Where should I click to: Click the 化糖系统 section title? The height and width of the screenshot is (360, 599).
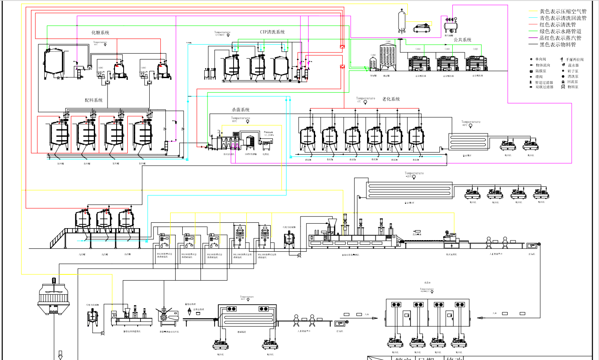click(100, 33)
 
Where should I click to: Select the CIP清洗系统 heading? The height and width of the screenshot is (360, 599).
click(272, 32)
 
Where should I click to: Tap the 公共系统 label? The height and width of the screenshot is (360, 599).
click(463, 40)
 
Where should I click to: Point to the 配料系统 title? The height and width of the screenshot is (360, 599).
click(94, 100)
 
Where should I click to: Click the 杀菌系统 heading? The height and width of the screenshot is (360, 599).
click(241, 110)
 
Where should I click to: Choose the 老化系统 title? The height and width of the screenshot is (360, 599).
click(391, 99)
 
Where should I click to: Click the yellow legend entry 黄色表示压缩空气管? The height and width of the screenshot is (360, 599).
click(563, 12)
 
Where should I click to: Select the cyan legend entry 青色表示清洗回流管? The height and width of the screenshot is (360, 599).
click(563, 18)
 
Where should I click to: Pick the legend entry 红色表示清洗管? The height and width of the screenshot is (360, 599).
click(558, 25)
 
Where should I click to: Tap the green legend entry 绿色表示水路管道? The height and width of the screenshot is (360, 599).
click(560, 31)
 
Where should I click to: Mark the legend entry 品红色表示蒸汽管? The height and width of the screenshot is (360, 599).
click(560, 38)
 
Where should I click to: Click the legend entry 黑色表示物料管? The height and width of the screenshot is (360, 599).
click(558, 45)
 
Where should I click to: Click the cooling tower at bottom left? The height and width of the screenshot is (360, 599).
click(53, 296)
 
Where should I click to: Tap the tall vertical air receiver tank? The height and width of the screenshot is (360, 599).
click(402, 21)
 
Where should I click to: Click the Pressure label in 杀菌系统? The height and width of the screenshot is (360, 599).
click(269, 132)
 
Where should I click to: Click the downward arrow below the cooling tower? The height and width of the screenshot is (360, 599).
click(60, 354)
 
